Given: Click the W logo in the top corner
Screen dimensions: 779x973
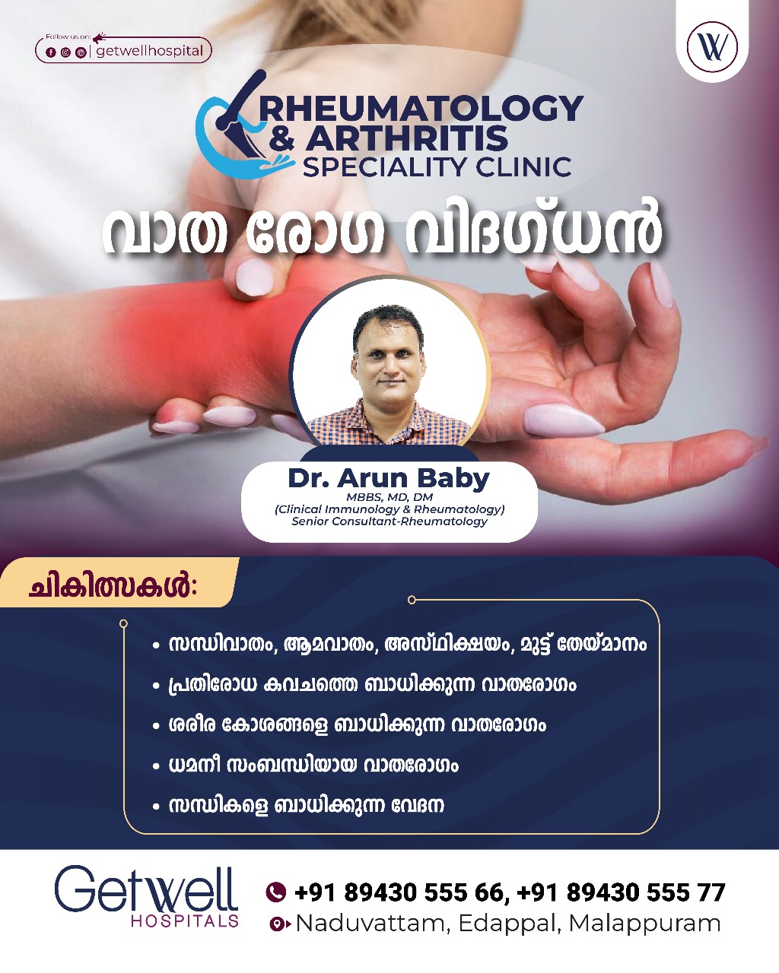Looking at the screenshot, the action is click(x=712, y=46).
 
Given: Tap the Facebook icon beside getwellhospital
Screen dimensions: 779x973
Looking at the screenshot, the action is click(x=51, y=53).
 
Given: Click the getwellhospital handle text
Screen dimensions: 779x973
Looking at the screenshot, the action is click(x=150, y=51).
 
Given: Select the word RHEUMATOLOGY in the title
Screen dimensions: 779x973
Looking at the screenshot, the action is click(x=421, y=109).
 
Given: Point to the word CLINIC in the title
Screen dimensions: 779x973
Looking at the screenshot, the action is click(x=523, y=167).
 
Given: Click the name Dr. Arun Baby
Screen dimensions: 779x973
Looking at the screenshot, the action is click(x=389, y=479).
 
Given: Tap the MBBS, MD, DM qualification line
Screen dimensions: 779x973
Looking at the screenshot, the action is click(x=389, y=497).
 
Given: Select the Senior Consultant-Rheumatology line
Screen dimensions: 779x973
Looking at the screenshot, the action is click(x=389, y=521).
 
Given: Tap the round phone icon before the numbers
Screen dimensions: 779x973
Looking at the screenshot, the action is click(x=275, y=892).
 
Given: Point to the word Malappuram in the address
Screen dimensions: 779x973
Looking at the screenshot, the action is click(x=644, y=924).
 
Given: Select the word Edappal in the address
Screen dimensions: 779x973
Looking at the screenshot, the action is click(x=508, y=924).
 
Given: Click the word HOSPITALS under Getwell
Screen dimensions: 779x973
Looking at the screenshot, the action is click(x=185, y=921).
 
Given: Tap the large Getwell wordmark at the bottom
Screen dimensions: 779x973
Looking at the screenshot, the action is click(x=146, y=889).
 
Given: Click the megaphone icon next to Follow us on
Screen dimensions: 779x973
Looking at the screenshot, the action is click(x=99, y=36).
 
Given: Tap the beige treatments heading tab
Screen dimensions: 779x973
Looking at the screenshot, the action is click(x=119, y=582).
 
